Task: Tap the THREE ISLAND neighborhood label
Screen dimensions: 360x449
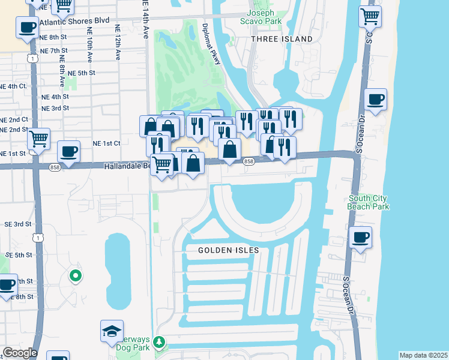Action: (x=282, y=39)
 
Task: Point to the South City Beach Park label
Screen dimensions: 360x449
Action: (x=368, y=202)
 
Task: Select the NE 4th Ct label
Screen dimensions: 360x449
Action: (x=13, y=86)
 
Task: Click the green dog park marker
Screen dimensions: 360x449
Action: (x=159, y=342)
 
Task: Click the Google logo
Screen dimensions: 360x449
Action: (x=19, y=353)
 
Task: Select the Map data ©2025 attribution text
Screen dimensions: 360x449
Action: (x=423, y=355)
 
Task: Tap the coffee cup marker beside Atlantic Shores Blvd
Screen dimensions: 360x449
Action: (x=27, y=28)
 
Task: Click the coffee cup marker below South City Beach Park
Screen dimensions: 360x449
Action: (x=360, y=237)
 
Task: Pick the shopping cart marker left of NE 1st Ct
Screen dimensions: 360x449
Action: (x=38, y=139)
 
